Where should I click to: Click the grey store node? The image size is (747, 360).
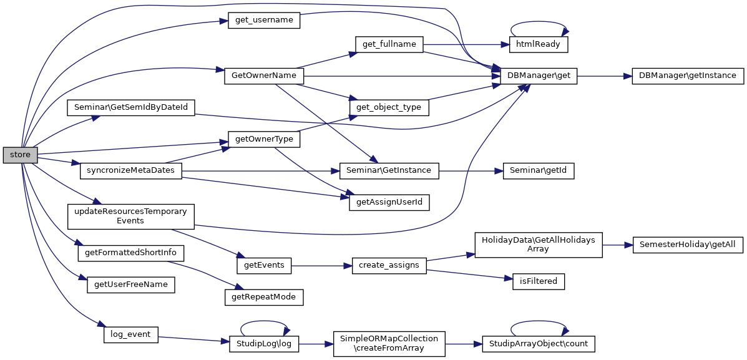21,154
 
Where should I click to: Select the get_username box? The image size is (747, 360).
264,20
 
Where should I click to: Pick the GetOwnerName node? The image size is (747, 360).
263,75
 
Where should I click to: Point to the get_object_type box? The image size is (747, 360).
388,107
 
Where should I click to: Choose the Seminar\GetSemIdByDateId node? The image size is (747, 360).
131,107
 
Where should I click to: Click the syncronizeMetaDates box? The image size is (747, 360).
131,170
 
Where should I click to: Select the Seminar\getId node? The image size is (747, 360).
539,170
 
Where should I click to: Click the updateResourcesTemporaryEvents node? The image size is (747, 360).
131,216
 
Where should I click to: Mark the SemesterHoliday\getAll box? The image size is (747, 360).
688,245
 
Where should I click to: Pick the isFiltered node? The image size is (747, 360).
539,281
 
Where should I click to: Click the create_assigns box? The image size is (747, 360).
389,265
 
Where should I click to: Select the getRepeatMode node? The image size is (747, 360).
263,297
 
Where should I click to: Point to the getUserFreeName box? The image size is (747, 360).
131,285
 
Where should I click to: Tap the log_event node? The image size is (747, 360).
130,334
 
